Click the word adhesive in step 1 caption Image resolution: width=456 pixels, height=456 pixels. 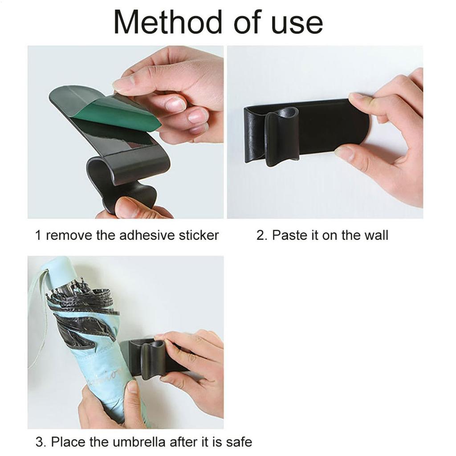click(x=147, y=235)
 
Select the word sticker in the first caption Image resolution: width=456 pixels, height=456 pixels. click(x=199, y=235)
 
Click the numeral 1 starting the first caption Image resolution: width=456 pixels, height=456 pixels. click(x=39, y=235)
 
